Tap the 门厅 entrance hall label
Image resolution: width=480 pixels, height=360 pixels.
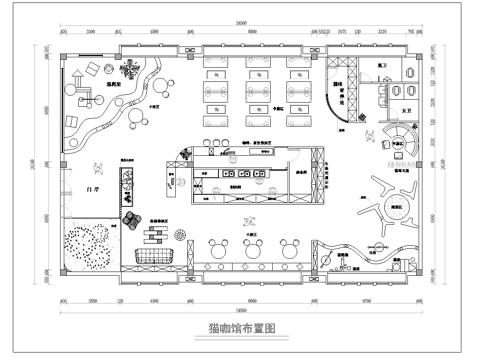tap(94, 188)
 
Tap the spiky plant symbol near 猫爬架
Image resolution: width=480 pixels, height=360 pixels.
tap(129, 69)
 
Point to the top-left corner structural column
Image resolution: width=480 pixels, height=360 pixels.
tap(63, 48)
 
